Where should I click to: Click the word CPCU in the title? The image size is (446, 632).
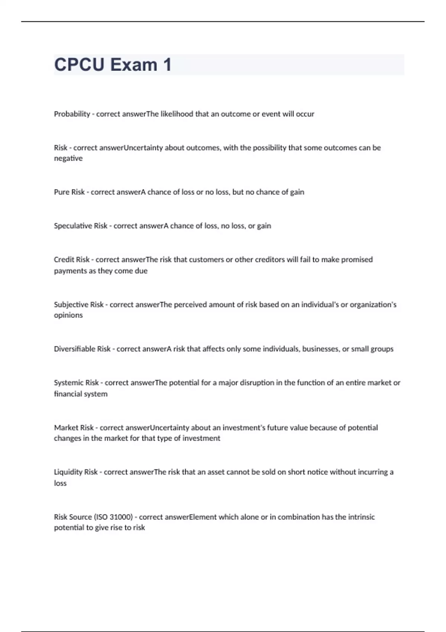pos(79,65)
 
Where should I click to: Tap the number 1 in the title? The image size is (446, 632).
pos(167,65)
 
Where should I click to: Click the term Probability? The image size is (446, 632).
pos(72,114)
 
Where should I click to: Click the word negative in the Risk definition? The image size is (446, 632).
pos(68,158)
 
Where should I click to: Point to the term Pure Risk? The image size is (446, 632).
pos(69,192)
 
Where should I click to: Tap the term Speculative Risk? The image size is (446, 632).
pos(80,226)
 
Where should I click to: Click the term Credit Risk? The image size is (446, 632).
pos(71,259)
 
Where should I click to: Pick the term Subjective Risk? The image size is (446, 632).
pos(78,304)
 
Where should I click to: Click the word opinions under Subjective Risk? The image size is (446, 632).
pos(68,315)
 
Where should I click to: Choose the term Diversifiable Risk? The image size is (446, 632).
pos(82,349)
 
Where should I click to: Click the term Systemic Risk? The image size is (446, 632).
pos(76,383)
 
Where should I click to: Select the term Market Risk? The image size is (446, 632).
pos(74,428)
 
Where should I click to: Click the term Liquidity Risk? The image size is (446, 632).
pos(75,472)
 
